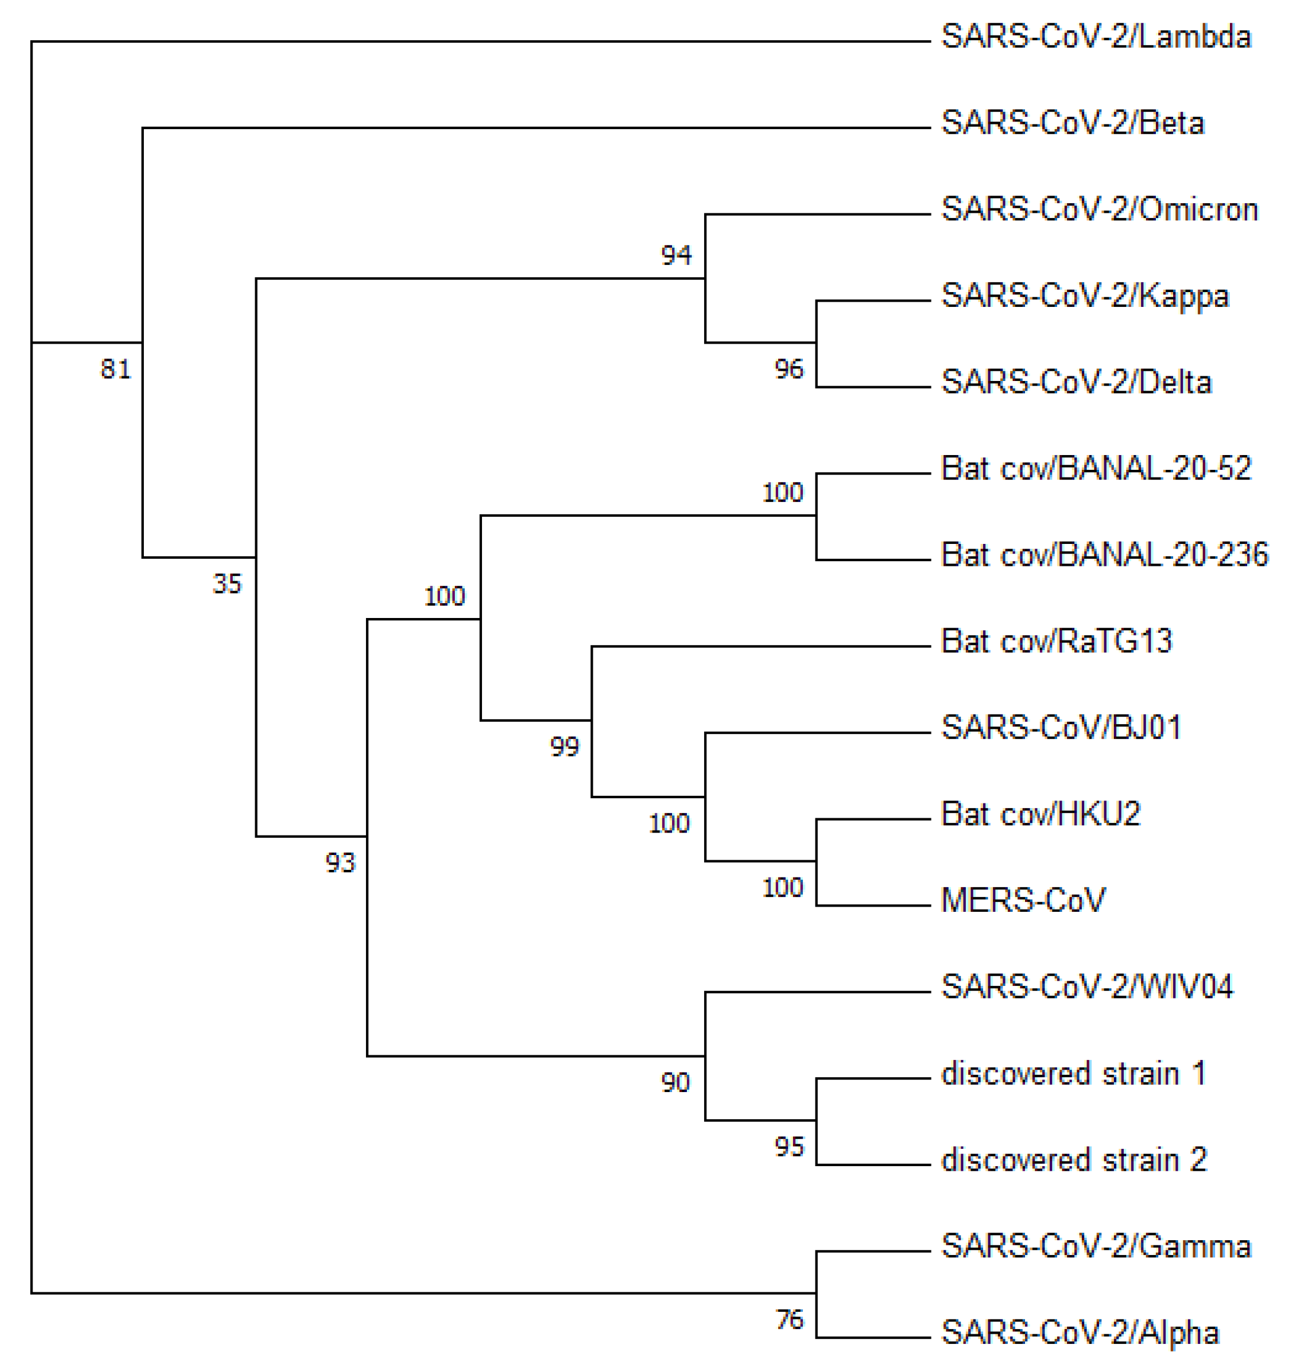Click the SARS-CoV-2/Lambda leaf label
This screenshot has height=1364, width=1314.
[1095, 37]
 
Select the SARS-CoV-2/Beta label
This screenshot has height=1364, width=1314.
[1072, 123]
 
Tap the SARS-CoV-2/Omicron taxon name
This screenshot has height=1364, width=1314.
[1099, 210]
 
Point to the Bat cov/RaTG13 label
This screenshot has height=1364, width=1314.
[1056, 641]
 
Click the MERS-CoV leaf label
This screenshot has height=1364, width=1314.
[1023, 900]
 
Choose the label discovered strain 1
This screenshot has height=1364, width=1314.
[1072, 1073]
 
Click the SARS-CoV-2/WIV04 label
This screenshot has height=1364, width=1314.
[1087, 987]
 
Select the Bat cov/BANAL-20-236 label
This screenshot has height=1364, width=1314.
[1104, 555]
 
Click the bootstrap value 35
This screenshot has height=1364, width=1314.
[227, 583]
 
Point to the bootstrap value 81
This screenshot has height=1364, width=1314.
[115, 369]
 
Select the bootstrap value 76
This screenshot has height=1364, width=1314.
[789, 1320]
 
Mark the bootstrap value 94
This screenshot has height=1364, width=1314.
[676, 255]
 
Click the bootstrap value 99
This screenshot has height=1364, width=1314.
[564, 747]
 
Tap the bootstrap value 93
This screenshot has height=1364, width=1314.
[340, 863]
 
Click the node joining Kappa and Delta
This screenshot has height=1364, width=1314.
[816, 343]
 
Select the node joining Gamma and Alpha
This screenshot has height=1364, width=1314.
[816, 1293]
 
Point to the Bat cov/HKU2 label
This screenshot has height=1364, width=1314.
[1040, 814]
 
